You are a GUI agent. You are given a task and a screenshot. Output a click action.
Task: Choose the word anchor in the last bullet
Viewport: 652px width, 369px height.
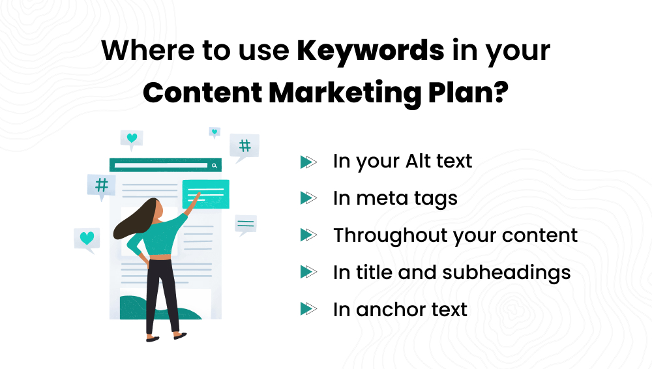pyautogui.click(x=389, y=309)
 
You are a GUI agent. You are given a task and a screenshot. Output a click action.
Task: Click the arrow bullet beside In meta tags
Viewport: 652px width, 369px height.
pyautogui.click(x=308, y=198)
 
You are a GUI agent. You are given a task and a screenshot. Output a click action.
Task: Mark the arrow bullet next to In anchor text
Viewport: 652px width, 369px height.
pyautogui.click(x=308, y=309)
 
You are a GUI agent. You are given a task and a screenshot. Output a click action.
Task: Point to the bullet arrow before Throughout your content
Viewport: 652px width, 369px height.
pyautogui.click(x=308, y=235)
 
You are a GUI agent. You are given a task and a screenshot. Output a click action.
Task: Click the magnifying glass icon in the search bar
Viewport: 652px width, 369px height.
pyautogui.click(x=214, y=166)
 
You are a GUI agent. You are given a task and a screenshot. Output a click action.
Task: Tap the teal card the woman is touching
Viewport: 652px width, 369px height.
pyautogui.click(x=206, y=193)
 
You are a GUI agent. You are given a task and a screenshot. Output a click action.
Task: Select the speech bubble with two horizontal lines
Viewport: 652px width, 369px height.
pyautogui.click(x=246, y=224)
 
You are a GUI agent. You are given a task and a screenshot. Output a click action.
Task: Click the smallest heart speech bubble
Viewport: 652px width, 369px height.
pyautogui.click(x=215, y=132)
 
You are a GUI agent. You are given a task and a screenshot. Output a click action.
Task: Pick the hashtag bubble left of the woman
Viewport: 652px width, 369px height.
pyautogui.click(x=102, y=185)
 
